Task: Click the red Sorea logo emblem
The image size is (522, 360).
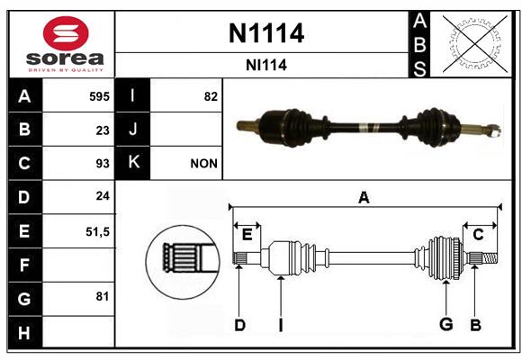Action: [x=66, y=33]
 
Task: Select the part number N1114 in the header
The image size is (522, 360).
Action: [x=266, y=33]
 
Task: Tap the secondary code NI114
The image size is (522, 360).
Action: [x=266, y=65]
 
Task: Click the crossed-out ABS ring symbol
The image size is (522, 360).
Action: [x=475, y=43]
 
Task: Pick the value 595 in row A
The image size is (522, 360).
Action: [x=99, y=96]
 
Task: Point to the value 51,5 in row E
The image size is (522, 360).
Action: [x=97, y=232]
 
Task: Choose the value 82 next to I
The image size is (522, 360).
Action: [x=211, y=96]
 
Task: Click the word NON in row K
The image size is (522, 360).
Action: [x=203, y=164]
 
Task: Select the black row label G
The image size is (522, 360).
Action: [x=24, y=299]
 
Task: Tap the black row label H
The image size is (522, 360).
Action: [x=24, y=332]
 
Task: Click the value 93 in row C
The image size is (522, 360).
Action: [x=103, y=164]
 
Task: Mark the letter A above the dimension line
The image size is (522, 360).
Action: [x=364, y=197]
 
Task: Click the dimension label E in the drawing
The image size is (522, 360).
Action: [x=247, y=235]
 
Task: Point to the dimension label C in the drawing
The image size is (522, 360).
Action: [x=478, y=235]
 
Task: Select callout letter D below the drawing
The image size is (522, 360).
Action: [x=239, y=325]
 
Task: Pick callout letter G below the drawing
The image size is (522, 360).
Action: [x=446, y=324]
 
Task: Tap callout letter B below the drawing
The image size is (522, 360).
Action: [x=475, y=325]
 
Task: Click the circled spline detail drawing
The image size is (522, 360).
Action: [x=183, y=262]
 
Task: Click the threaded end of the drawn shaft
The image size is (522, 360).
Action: [x=490, y=258]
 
